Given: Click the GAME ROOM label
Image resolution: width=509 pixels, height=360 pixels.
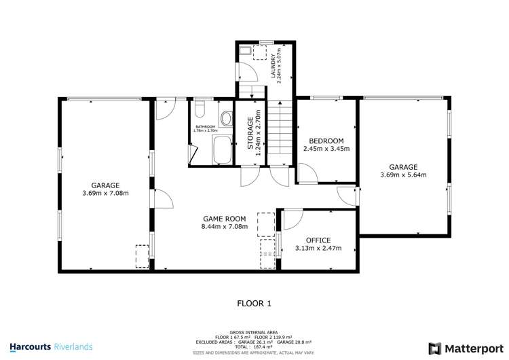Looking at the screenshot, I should [224, 219].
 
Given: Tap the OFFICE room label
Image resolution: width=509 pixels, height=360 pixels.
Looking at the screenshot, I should [318, 240].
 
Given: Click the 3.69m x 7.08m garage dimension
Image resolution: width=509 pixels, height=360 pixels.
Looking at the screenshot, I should [105, 193].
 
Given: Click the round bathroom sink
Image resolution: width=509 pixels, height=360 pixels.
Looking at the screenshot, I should [226, 117].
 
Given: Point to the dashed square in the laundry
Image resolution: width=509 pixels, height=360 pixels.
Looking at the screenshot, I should [259, 53].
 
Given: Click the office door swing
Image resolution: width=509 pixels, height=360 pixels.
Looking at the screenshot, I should [291, 219].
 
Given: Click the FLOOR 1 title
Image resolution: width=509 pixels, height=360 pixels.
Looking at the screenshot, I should [254, 303].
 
